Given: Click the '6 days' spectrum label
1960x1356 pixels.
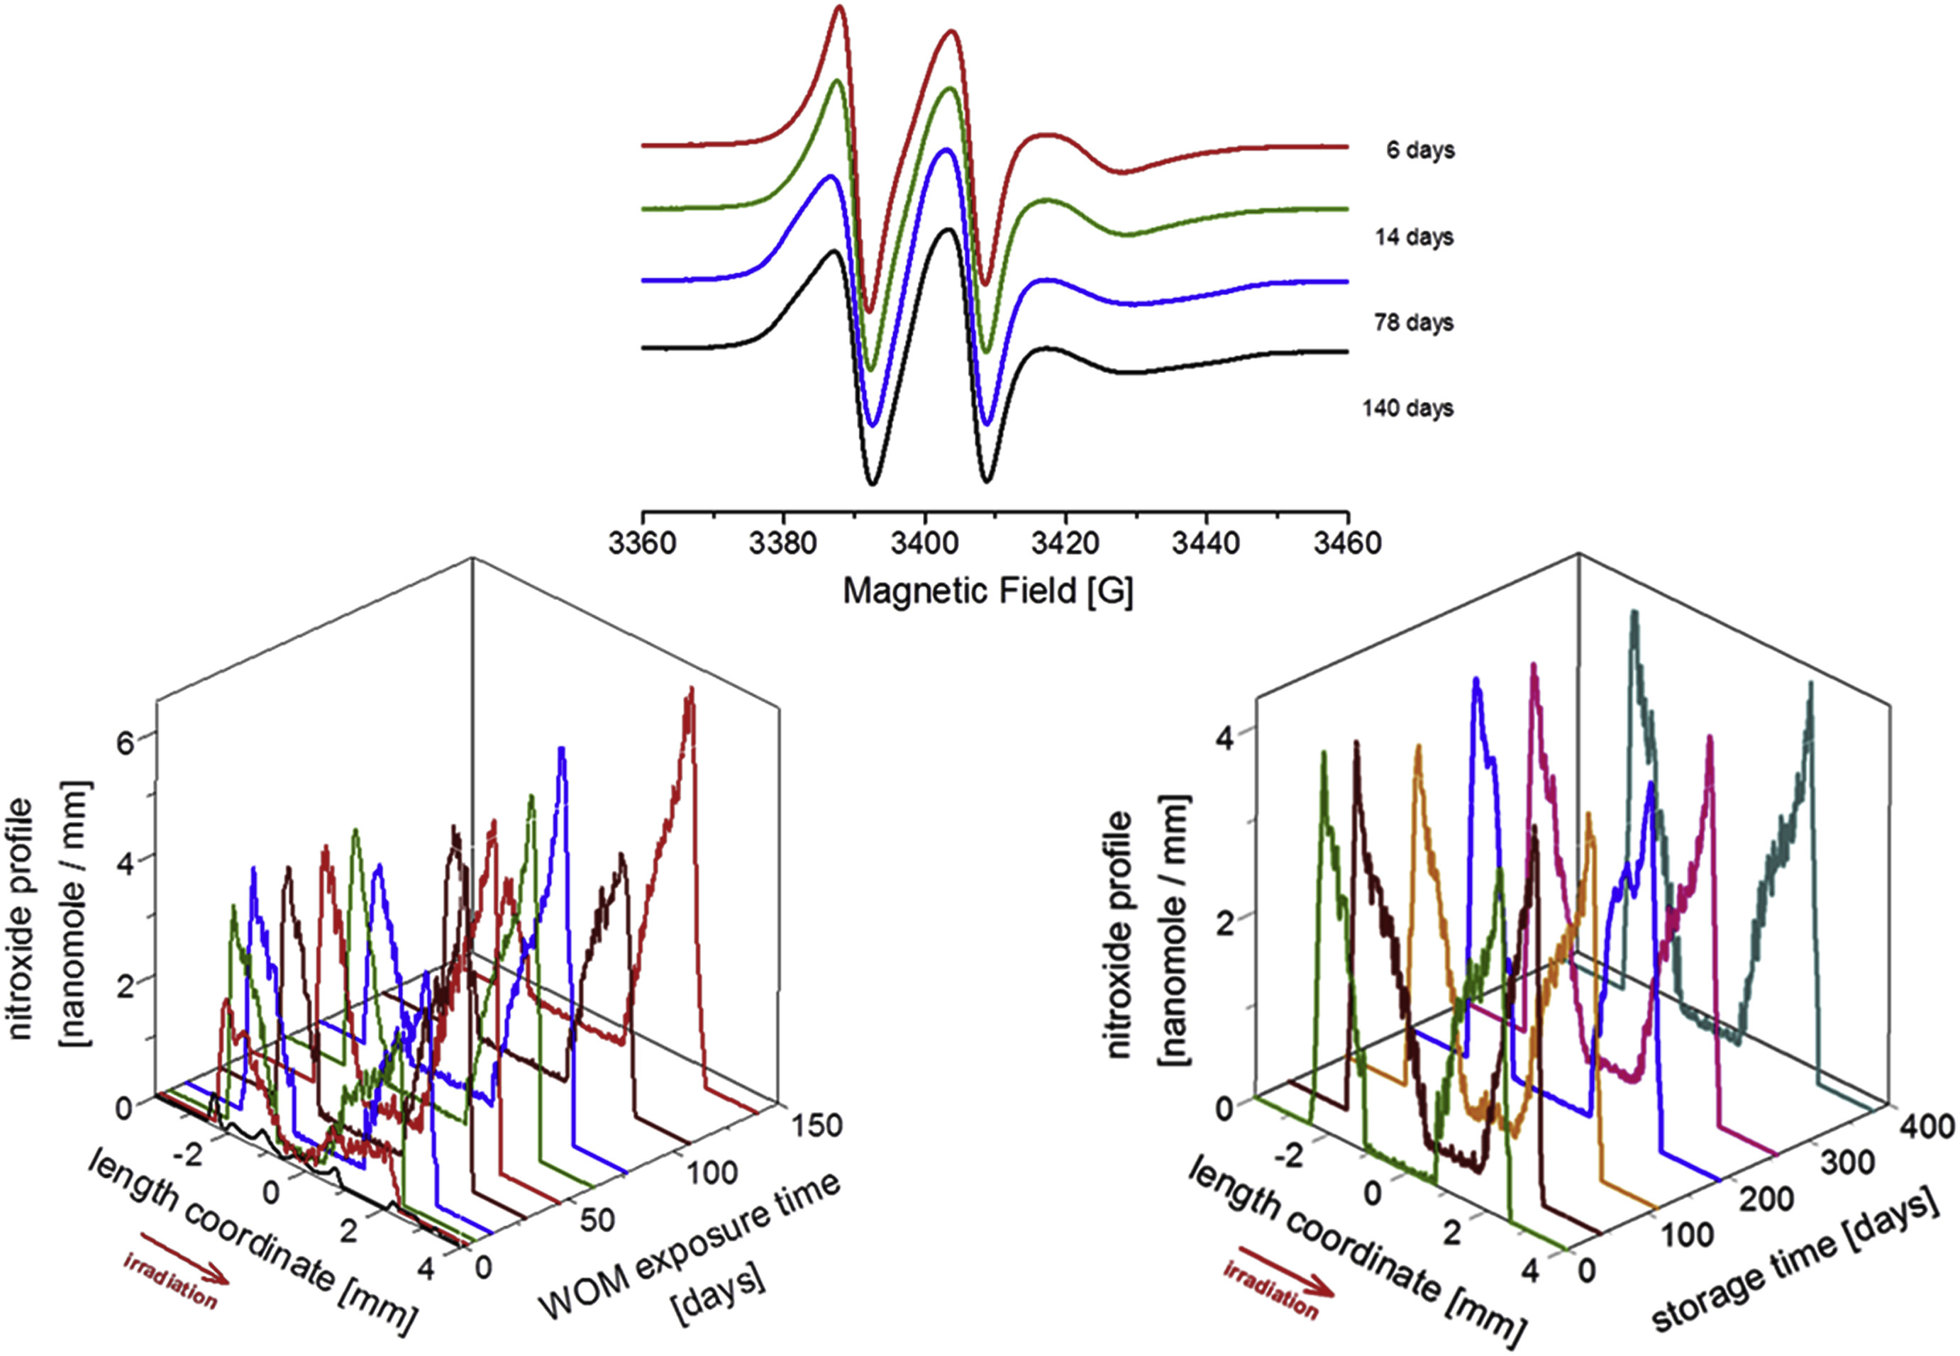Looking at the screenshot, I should click(x=1419, y=150).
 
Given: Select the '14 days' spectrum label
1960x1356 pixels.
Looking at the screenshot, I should click(x=1414, y=236).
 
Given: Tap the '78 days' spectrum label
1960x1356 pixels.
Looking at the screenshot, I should click(x=1414, y=322).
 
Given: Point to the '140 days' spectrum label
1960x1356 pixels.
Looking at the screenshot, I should click(x=1408, y=408).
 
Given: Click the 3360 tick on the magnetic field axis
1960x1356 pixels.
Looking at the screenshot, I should click(x=642, y=542).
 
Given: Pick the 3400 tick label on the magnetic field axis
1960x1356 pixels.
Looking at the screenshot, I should click(x=924, y=542).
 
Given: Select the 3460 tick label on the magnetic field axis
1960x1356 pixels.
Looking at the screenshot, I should click(x=1347, y=542).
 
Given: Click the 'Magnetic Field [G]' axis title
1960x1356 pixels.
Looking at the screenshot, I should click(x=987, y=591).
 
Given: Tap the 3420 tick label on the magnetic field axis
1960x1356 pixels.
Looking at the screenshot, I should click(x=1065, y=542).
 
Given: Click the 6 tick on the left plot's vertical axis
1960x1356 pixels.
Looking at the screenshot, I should click(x=126, y=742).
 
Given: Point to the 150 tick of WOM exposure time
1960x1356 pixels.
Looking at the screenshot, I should click(x=816, y=1126).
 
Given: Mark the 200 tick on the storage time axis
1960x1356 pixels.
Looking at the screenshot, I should click(x=1766, y=1199).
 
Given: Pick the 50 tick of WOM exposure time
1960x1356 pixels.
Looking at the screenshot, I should click(x=597, y=1220).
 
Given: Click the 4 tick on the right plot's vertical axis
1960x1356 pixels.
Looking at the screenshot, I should click(x=1224, y=738).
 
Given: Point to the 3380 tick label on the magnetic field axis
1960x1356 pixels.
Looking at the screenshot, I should click(x=783, y=542).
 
